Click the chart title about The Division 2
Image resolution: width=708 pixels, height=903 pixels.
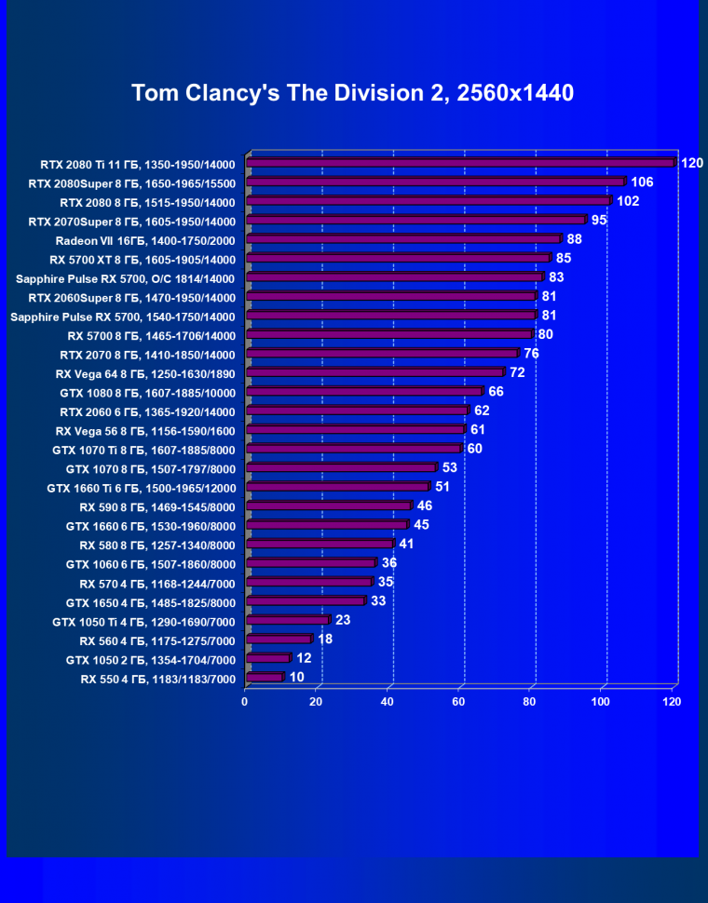coord(352,93)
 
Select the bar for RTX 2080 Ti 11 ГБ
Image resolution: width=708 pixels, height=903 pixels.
coord(459,163)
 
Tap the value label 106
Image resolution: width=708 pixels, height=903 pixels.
coord(642,182)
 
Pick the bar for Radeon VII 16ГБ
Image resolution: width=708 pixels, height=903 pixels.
coord(402,239)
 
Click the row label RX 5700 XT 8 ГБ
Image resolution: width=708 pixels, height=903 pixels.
coord(143,259)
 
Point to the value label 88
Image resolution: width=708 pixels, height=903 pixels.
coord(574,239)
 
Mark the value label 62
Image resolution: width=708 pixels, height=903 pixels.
coord(481,410)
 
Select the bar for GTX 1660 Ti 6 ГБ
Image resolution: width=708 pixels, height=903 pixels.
coord(336,487)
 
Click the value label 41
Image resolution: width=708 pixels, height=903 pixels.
coord(405,543)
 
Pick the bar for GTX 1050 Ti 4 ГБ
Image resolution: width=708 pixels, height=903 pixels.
coord(287,620)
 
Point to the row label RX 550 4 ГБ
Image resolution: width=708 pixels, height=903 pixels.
coord(158,680)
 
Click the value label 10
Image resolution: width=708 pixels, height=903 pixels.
coord(296,677)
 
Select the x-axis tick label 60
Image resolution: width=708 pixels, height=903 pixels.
coord(459,701)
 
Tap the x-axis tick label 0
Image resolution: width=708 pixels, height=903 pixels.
coord(245,701)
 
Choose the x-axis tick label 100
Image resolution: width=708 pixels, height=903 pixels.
coord(601,701)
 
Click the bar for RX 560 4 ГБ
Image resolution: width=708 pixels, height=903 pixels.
coord(278,640)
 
